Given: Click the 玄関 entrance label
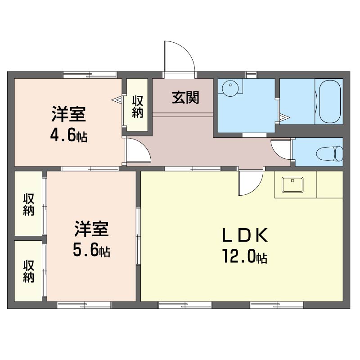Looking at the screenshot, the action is coord(185,98).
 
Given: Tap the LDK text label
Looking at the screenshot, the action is coord(245,234).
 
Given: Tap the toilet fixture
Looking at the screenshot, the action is coord(329,153).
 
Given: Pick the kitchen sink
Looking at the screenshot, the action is coord(292,184).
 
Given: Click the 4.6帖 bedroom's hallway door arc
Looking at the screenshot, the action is coord(144,147).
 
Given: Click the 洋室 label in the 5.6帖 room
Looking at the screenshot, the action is coord(91,229).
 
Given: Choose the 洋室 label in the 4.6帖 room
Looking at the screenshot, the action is coord(69,114).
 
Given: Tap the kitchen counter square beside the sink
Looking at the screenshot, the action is coord(330,184).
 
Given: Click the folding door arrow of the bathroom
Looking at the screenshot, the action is coord(285,117).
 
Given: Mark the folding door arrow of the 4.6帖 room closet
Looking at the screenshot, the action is coord(117,100).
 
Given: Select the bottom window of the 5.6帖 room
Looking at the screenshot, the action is coord(84,305).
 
